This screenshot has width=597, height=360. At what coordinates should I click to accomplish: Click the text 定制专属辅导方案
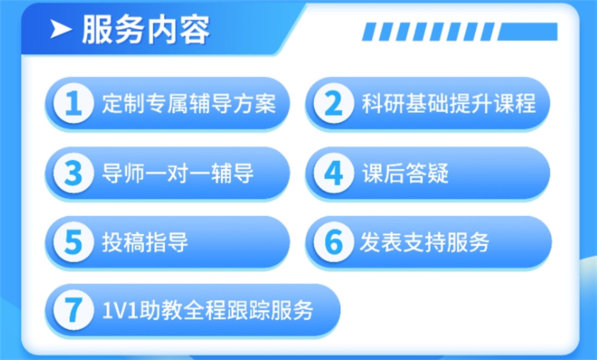[x=188, y=104]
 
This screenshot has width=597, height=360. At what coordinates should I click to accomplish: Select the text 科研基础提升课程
[x=448, y=104]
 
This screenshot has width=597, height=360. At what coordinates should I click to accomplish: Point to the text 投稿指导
[x=144, y=242]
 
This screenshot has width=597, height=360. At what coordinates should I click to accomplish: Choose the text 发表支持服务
[x=424, y=242]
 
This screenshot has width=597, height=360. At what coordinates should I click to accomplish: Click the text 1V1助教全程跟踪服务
[x=207, y=310]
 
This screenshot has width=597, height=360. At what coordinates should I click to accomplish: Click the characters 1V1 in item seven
[x=115, y=310]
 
